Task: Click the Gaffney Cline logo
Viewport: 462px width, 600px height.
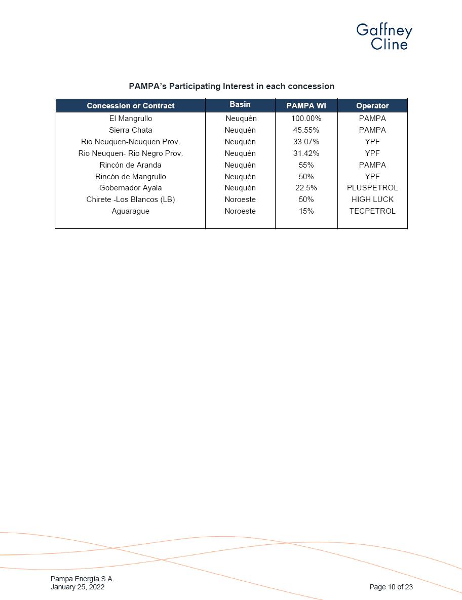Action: (384, 37)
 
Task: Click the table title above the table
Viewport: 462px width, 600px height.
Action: (231, 86)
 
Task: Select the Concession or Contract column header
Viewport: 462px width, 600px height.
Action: (130, 106)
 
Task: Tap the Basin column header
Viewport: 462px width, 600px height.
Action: (240, 104)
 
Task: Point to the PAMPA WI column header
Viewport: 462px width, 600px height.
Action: (306, 106)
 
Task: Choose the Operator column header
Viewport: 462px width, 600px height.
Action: (372, 106)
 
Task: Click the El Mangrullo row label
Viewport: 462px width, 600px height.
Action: (130, 118)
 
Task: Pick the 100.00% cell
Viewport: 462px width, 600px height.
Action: (306, 118)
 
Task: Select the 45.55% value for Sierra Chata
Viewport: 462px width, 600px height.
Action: (306, 130)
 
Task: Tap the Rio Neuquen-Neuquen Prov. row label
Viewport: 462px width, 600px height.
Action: (130, 142)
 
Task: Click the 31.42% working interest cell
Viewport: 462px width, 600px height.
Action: (306, 153)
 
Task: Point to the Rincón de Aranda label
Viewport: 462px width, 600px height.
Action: (130, 165)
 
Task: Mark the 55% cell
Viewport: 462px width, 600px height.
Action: (306, 165)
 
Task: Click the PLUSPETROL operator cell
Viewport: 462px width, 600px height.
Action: (372, 188)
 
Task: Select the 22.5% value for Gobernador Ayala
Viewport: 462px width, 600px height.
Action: (306, 188)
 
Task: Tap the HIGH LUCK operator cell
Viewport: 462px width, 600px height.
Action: (372, 199)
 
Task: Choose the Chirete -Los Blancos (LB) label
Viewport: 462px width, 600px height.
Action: (130, 199)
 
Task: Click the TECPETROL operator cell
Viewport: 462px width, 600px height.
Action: (372, 211)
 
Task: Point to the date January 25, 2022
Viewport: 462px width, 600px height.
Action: (78, 587)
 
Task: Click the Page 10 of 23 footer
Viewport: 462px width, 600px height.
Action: (391, 587)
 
